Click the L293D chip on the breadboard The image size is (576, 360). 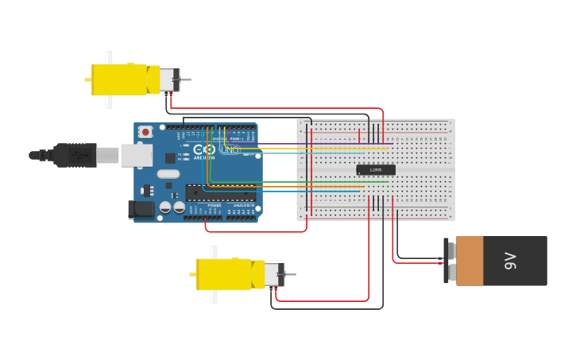click(x=376, y=169)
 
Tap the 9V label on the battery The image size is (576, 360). click(x=510, y=261)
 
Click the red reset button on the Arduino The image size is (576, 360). click(x=145, y=132)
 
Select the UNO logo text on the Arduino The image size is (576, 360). click(x=230, y=149)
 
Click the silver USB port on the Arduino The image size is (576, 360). click(x=136, y=155)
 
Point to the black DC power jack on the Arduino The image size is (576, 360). click(x=141, y=209)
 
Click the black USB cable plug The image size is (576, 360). click(x=76, y=155)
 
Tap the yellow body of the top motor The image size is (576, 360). click(x=119, y=79)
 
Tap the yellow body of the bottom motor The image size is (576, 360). click(x=224, y=274)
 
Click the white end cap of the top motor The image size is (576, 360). click(x=168, y=79)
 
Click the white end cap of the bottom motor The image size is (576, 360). click(x=273, y=274)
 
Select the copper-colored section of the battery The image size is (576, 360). click(x=470, y=261)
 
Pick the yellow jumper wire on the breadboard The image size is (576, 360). click(x=318, y=148)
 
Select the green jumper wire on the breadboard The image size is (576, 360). click(x=318, y=182)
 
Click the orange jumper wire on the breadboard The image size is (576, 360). click(x=318, y=187)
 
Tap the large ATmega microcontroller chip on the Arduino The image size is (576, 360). click(x=220, y=193)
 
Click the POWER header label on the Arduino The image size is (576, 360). click(x=215, y=205)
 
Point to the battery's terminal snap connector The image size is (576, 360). click(x=449, y=261)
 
